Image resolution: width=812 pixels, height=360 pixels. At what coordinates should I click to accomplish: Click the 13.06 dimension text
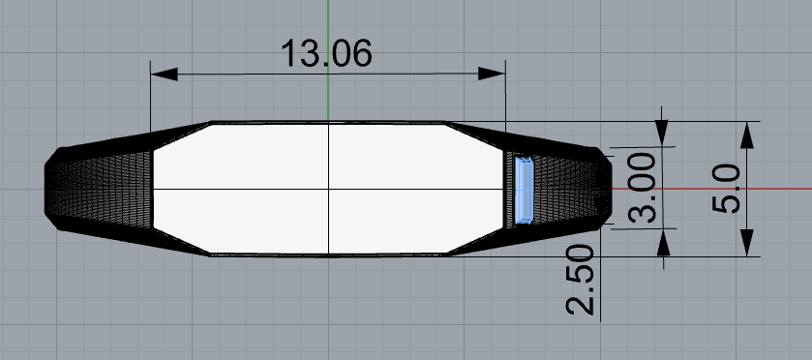click(x=326, y=53)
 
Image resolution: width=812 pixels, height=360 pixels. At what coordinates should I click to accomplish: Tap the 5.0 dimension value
click(x=726, y=188)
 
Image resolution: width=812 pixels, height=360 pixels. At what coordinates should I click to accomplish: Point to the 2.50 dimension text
click(x=580, y=280)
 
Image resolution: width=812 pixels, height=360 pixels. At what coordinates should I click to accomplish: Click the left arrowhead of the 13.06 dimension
click(x=164, y=74)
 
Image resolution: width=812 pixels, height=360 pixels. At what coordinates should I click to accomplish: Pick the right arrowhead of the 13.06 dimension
click(x=492, y=74)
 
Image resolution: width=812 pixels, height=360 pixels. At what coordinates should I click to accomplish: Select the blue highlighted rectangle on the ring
click(x=524, y=190)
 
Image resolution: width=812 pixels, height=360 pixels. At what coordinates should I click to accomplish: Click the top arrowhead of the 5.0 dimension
click(x=746, y=135)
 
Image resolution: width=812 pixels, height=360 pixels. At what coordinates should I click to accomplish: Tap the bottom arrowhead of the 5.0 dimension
click(x=746, y=243)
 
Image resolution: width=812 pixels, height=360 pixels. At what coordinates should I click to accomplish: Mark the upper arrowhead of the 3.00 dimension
click(x=662, y=134)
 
